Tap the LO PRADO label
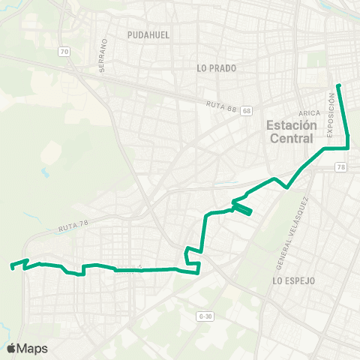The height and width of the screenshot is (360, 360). tap(217, 68)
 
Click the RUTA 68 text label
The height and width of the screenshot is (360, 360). tap(222, 106)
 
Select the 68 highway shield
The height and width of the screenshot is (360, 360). tap(247, 111)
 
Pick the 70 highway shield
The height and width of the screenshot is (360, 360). tap(64, 52)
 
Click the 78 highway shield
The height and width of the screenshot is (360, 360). tap(341, 167)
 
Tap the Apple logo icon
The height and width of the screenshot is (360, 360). tap(10, 348)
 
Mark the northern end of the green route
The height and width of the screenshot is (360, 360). tap(338, 85)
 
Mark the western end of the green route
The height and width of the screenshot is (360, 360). tap(10, 266)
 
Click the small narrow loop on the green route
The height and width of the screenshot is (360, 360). tap(241, 209)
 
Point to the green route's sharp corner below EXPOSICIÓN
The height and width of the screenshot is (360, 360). tap(349, 148)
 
